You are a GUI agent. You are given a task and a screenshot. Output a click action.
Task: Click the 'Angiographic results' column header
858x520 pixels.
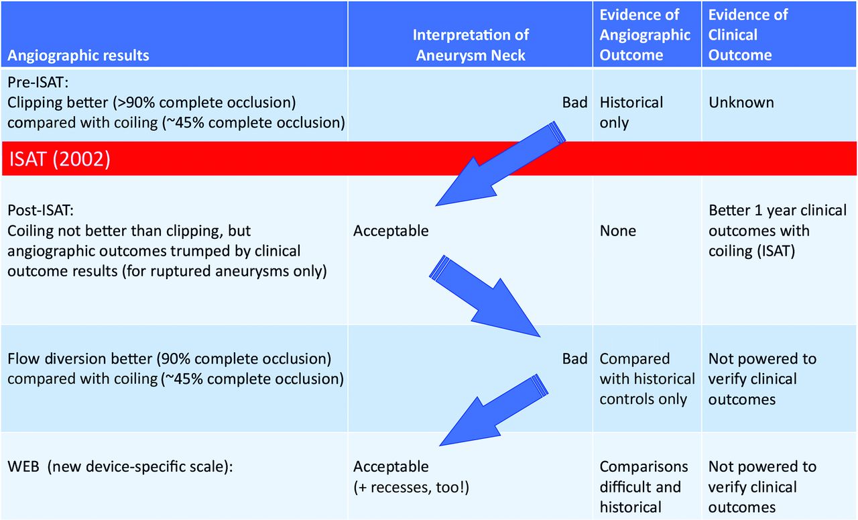coord(78,56)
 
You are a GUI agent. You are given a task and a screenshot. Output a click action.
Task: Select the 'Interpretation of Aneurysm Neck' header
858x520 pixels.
coord(471,45)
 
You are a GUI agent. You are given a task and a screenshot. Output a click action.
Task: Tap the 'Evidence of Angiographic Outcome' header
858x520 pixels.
coord(645,35)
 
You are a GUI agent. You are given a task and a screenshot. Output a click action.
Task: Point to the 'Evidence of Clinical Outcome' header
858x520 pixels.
coord(747,35)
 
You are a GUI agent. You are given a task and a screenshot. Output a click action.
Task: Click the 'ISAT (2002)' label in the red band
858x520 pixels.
coord(60,159)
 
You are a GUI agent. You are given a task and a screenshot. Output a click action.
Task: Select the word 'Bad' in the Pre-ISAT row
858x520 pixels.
coord(574,103)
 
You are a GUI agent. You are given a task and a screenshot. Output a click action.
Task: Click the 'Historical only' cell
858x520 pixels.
coord(631,112)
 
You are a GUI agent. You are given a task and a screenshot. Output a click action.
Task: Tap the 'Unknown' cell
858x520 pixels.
coord(741,103)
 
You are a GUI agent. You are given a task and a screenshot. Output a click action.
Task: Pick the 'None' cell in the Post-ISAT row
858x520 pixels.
coord(617,231)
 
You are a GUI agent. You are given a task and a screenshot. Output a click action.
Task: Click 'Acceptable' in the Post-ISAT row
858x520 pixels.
coord(391,231)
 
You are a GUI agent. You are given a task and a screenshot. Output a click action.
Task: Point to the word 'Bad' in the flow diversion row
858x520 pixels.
coord(574,358)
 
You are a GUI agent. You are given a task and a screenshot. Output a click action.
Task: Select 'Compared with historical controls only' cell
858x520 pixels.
coord(647,379)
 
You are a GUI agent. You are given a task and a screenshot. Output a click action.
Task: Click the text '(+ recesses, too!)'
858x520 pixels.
coord(411,487)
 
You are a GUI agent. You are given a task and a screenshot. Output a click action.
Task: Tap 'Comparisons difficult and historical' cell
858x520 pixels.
coord(643,487)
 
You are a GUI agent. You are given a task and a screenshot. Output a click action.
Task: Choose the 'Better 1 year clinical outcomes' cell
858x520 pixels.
coord(777,230)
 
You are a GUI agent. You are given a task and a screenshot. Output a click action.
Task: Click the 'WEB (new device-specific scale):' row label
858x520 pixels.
coord(120,467)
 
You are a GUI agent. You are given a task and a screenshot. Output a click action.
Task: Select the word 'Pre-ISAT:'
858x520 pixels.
coord(38,82)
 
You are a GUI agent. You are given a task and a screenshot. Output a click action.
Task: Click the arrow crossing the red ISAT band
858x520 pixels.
coord(501,164)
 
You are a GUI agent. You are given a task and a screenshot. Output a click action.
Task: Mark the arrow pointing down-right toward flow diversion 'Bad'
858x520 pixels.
coord(485,296)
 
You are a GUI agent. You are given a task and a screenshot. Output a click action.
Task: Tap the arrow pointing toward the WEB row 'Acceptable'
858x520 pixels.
coord(494,410)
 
